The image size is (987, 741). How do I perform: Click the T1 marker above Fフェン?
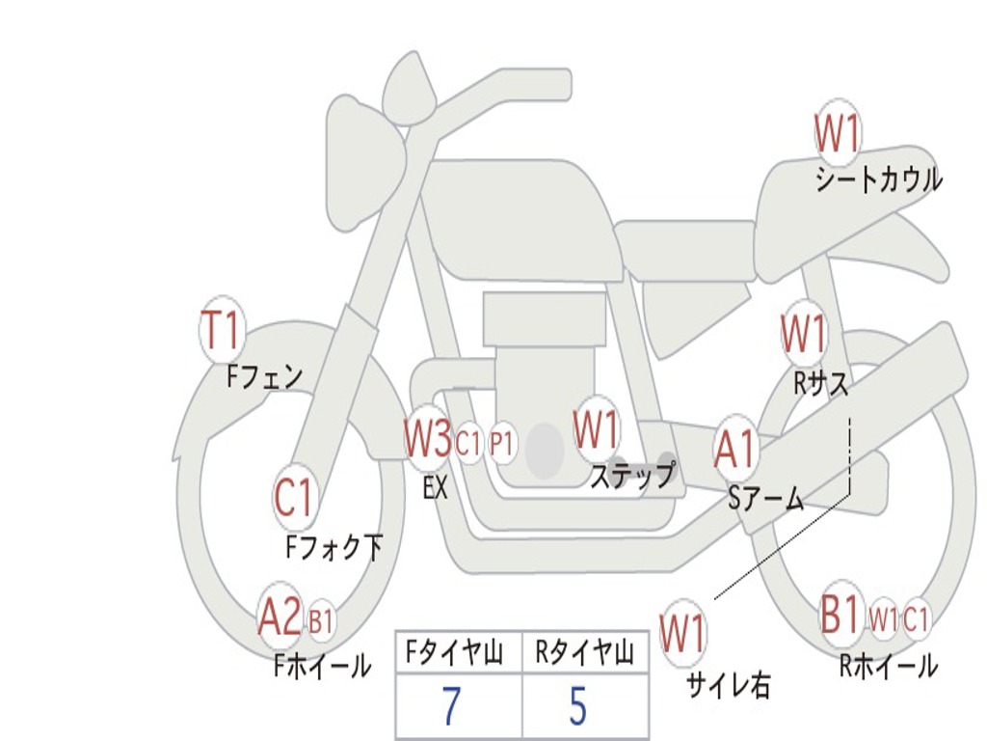(222, 330)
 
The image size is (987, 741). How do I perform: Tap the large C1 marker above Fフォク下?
(293, 497)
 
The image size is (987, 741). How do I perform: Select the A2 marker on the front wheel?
(280, 617)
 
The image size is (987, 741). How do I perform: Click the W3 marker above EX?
(428, 439)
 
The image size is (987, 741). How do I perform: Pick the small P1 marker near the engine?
(502, 444)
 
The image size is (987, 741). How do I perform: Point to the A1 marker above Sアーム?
(734, 450)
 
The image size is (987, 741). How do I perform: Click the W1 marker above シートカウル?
(838, 133)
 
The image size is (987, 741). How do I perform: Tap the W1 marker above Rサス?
(803, 333)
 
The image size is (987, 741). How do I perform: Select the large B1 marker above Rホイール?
(840, 614)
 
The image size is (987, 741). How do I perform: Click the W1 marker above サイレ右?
(683, 633)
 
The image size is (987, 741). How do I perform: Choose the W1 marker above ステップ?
(596, 429)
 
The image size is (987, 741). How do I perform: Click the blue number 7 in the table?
(451, 706)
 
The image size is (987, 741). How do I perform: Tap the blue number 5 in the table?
(578, 706)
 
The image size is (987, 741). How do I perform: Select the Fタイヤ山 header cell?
(460, 653)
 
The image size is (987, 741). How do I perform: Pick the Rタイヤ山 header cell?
(585, 653)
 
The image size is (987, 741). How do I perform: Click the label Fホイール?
(322, 667)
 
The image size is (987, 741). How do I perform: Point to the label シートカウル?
(879, 179)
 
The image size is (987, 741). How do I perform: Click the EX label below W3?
(435, 487)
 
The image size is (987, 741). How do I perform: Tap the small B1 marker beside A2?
(321, 620)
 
